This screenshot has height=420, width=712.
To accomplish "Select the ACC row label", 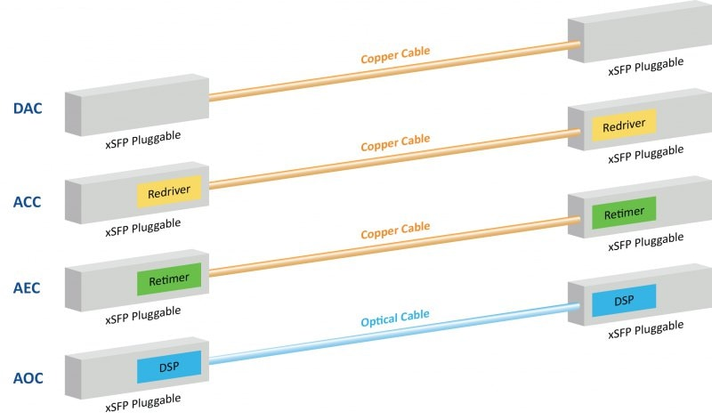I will coord(27,201).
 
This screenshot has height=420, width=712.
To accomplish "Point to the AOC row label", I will coord(27,377).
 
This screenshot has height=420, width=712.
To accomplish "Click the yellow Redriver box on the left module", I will coord(169,191).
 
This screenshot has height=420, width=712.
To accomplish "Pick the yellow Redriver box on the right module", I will coord(624,127).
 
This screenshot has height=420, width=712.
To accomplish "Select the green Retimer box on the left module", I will coord(169,279).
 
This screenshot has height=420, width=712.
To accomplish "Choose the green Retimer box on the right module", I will coord(624,214).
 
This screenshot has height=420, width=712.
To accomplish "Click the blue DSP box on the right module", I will coord(624,301).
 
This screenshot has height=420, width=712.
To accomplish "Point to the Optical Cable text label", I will coord(394,317).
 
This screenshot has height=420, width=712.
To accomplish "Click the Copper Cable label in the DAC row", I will coord(394,54).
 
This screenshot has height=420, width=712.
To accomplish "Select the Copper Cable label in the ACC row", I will coord(394,142).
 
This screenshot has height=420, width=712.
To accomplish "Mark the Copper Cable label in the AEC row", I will coord(394,230).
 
